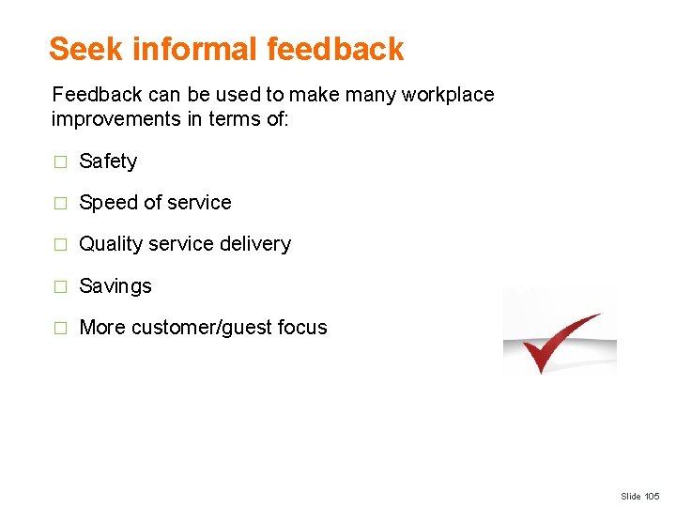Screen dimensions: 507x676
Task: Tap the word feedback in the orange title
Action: coord(335,49)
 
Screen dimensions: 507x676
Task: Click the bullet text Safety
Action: coord(108,161)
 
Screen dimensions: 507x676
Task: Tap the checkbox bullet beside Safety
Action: coord(60,162)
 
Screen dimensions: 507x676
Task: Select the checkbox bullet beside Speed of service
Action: coord(60,204)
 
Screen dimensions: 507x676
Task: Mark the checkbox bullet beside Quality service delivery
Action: coord(60,245)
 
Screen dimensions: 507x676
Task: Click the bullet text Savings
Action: coord(115,286)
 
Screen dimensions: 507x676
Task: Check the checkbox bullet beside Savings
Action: coord(60,286)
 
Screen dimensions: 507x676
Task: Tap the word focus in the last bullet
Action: coord(302,328)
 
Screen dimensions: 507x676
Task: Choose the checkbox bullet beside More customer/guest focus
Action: coord(60,329)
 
